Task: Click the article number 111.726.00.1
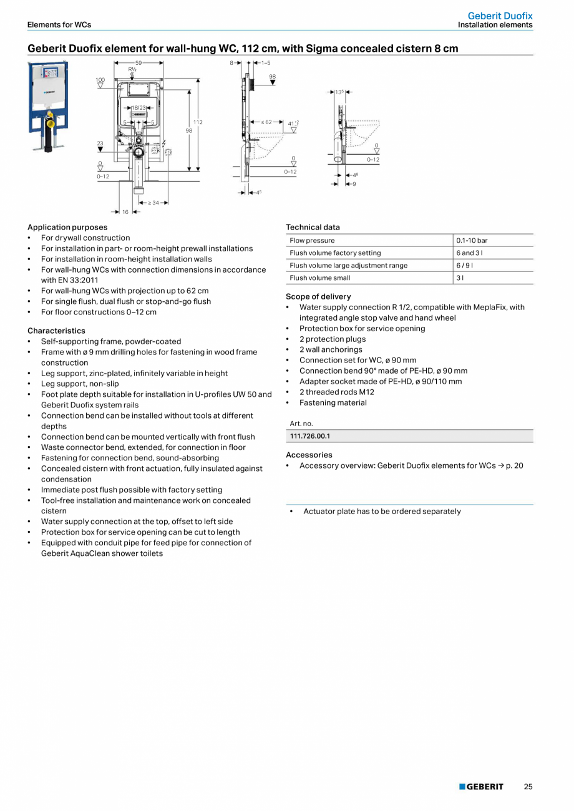pos(310,436)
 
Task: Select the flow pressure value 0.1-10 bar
pos(472,240)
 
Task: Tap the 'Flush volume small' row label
pos(319,278)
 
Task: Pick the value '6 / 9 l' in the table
pos(464,265)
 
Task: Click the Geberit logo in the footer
pos(481,787)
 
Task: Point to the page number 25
pos(528,787)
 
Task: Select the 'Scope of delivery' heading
pos(318,296)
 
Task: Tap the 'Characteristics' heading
pos(56,331)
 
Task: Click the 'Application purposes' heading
pos(67,227)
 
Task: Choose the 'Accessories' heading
pos(309,455)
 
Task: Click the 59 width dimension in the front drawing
pos(139,63)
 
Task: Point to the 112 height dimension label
pos(198,122)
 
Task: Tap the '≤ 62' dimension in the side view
pos(266,122)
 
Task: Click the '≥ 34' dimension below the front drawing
pos(153,203)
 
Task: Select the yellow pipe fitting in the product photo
pos(50,124)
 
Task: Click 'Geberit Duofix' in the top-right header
pos(500,16)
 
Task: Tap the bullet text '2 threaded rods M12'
pos(336,392)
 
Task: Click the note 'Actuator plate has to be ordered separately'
pos(382,512)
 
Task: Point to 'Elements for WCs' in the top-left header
pos(59,25)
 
